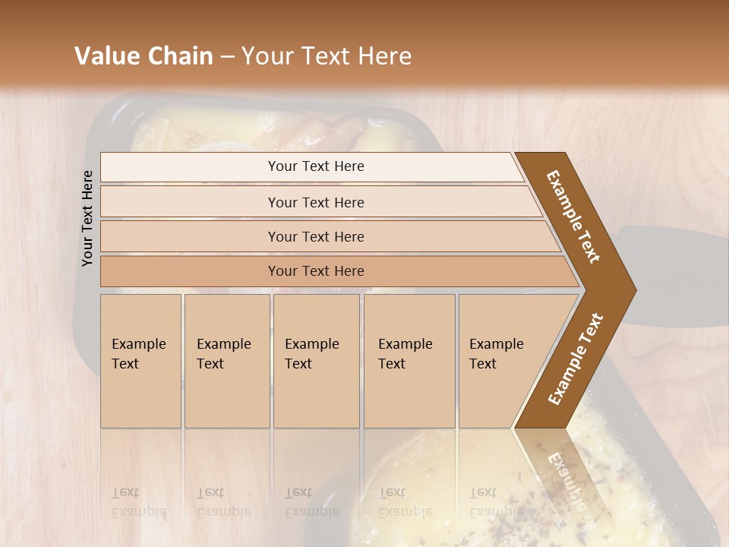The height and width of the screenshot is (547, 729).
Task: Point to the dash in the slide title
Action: [227, 57]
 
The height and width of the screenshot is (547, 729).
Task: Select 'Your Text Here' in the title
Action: [327, 56]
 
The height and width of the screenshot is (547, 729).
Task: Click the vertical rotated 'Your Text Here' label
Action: [87, 218]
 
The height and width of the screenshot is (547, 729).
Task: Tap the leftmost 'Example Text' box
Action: [140, 361]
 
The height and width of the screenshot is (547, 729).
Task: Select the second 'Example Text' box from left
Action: [226, 361]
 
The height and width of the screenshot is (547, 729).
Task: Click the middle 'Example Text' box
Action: [316, 361]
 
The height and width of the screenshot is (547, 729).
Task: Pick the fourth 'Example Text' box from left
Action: [409, 361]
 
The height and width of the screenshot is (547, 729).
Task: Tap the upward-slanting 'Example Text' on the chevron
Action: [575, 359]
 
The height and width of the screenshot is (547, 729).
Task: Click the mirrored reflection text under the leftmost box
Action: [139, 502]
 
